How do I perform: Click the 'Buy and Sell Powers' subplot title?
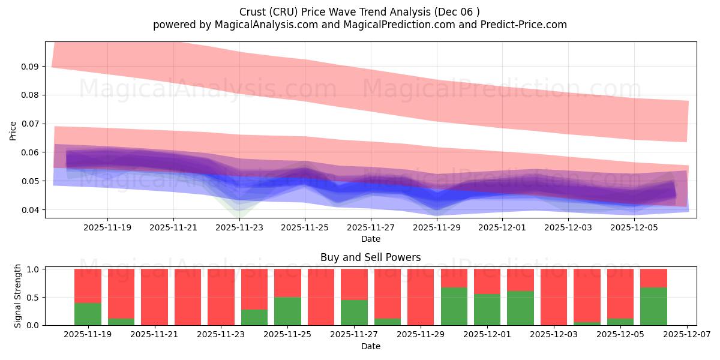(370, 257)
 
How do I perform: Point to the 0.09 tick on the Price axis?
(31, 66)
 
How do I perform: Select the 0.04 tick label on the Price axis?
(31, 210)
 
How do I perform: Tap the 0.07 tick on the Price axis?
(31, 124)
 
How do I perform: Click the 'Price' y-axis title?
(13, 130)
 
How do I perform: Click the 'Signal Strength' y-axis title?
(18, 296)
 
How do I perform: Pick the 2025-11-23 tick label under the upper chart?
(239, 227)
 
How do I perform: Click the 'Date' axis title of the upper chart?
(370, 239)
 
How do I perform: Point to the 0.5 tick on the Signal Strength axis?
(34, 297)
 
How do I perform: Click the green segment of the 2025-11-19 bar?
(88, 314)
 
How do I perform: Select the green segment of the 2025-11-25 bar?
(287, 311)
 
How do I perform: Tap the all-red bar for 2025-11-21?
(154, 297)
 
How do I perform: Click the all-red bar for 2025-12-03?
(553, 297)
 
